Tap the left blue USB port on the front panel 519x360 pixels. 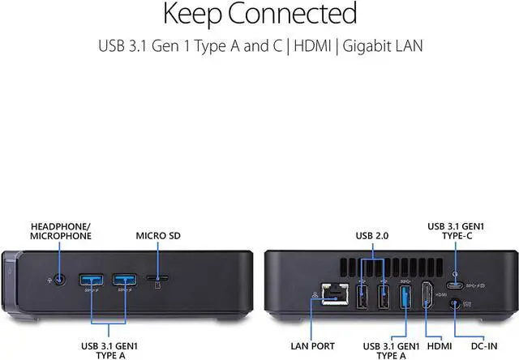tap(89, 281)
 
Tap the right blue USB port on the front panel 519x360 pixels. tap(123, 281)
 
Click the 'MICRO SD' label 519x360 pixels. tap(158, 236)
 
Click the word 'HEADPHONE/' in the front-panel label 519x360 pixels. tap(61, 225)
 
